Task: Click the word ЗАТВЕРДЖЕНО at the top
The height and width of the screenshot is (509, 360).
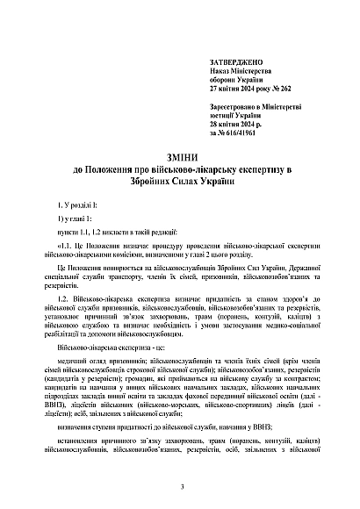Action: coord(232,64)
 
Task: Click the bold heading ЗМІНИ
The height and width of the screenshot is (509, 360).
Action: coord(180,156)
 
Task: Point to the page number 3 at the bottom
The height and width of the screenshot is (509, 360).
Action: coord(180,487)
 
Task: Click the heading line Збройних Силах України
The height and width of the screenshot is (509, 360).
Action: coord(180,180)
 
